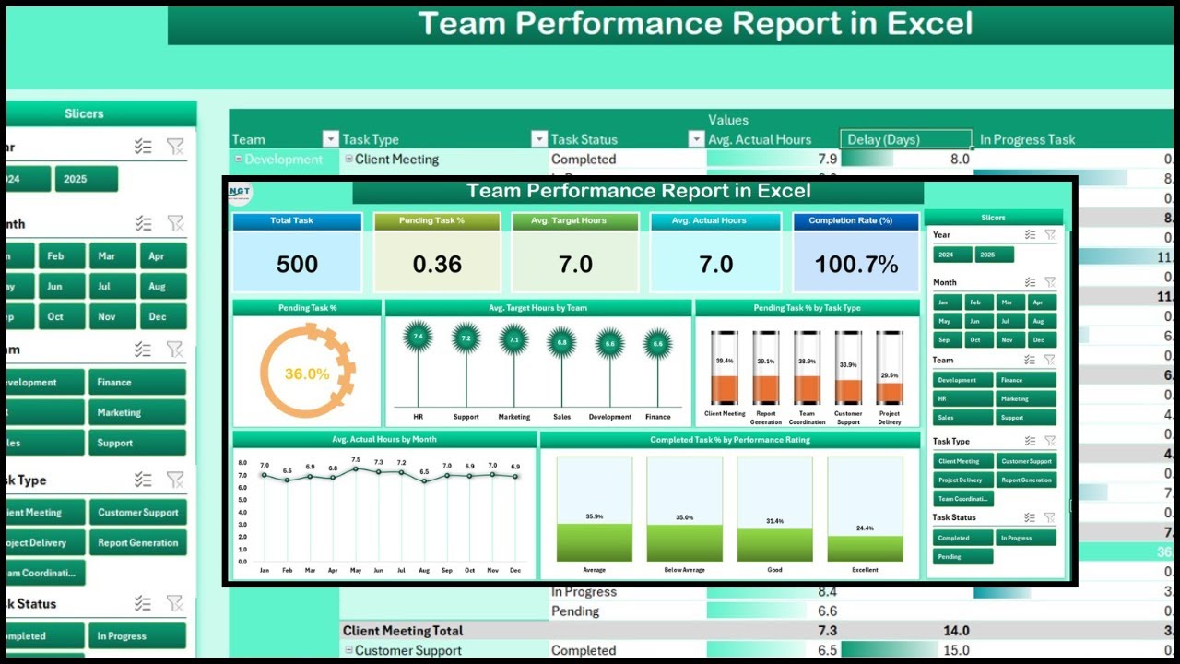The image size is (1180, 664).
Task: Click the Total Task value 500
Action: click(x=297, y=265)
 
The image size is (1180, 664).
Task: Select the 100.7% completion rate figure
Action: click(x=856, y=265)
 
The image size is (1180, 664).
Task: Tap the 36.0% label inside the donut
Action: click(x=307, y=373)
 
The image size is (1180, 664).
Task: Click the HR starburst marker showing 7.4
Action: click(x=418, y=338)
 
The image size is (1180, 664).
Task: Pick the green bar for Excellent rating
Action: click(x=865, y=547)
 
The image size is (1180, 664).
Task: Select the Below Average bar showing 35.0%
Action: click(x=684, y=542)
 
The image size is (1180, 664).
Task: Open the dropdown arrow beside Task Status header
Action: click(x=697, y=139)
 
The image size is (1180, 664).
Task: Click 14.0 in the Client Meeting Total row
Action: click(x=955, y=631)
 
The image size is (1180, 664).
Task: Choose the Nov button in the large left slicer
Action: click(x=106, y=316)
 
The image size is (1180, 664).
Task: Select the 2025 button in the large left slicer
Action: click(x=86, y=179)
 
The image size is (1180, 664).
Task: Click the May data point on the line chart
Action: click(x=356, y=468)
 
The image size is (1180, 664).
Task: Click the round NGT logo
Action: click(x=240, y=193)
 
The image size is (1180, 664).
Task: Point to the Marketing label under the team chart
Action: click(x=514, y=417)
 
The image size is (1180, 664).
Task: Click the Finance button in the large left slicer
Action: click(x=136, y=382)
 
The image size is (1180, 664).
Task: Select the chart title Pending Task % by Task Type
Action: click(x=807, y=308)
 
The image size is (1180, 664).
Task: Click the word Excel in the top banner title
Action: click(x=929, y=24)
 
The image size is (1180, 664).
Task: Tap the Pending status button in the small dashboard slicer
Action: click(x=962, y=556)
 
